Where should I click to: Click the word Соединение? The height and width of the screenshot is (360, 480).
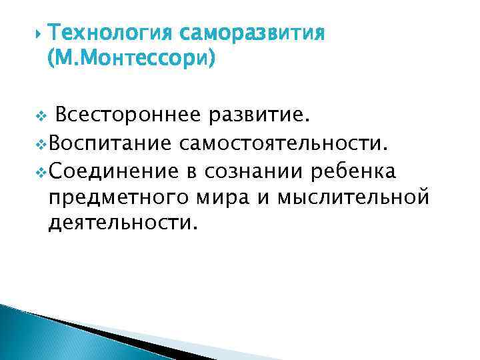coord(113,171)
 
